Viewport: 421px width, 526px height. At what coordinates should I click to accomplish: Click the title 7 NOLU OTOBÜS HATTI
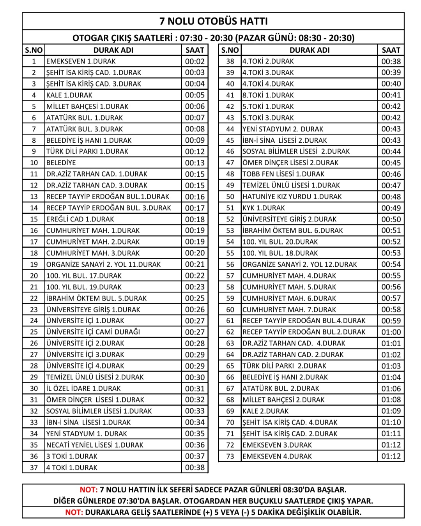pos(213,21)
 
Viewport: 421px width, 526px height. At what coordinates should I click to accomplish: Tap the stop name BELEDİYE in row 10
pos(61,163)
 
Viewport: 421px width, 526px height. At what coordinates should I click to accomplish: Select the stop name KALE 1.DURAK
pos(69,95)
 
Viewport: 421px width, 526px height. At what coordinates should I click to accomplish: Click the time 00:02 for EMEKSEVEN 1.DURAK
pos(195,61)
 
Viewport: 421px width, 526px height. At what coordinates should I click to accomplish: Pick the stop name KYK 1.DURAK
pos(264,208)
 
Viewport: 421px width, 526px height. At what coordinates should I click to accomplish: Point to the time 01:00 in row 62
pos(391,332)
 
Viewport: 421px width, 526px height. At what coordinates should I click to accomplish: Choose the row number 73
pos(230,456)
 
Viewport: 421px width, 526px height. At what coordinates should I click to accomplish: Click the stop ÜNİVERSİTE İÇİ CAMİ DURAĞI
pos(93,332)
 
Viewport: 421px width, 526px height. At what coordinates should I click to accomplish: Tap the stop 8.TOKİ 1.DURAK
pos(268,95)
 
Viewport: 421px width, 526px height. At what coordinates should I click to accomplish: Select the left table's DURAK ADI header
pos(113,50)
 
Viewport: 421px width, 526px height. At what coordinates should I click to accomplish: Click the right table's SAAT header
pos(391,50)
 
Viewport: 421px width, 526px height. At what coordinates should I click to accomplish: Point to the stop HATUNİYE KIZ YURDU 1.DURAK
pos(292,197)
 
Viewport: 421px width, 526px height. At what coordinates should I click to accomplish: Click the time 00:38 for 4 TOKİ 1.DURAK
pos(195,467)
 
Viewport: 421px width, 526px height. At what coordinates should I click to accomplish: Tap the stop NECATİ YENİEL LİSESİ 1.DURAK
pos(95,445)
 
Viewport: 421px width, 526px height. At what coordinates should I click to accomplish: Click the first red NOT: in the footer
pos(88,490)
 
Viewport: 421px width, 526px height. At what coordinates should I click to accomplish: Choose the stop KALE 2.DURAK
pos(265,411)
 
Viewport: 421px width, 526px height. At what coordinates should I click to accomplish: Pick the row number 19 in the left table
pos(34,264)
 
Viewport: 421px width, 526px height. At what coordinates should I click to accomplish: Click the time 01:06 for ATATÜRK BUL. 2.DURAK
pos(391,388)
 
